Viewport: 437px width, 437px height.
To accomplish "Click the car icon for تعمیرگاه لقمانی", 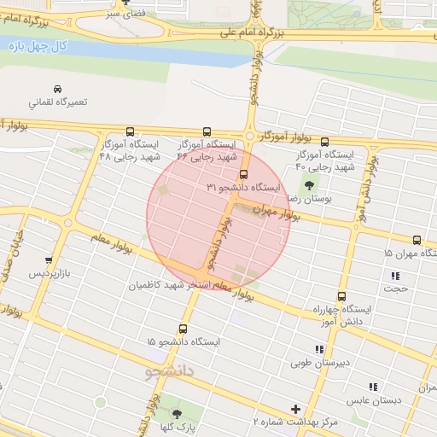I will pos(57,89).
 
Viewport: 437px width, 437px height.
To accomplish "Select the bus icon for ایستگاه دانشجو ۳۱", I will pos(244,174).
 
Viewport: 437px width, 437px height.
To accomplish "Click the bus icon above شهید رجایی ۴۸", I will pos(130,131).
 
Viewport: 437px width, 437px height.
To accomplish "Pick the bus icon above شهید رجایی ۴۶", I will pos(207,131).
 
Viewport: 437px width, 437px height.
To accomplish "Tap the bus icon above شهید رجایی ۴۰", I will pos(324,142).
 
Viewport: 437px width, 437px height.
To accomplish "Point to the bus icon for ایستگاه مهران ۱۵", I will pos(417,241).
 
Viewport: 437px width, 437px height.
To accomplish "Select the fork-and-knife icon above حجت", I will pos(394,275).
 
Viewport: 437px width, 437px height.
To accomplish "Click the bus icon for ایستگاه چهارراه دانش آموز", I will pos(341,295).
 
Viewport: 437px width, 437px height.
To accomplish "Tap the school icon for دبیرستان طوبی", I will pos(319,349).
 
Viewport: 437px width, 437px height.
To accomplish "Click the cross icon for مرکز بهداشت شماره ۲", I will pos(296,409).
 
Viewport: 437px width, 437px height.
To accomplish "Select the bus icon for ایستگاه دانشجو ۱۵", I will pos(183,329).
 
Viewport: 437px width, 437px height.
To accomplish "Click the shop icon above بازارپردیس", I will pos(49,260).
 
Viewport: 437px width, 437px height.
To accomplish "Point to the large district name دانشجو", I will pos(170,372).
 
